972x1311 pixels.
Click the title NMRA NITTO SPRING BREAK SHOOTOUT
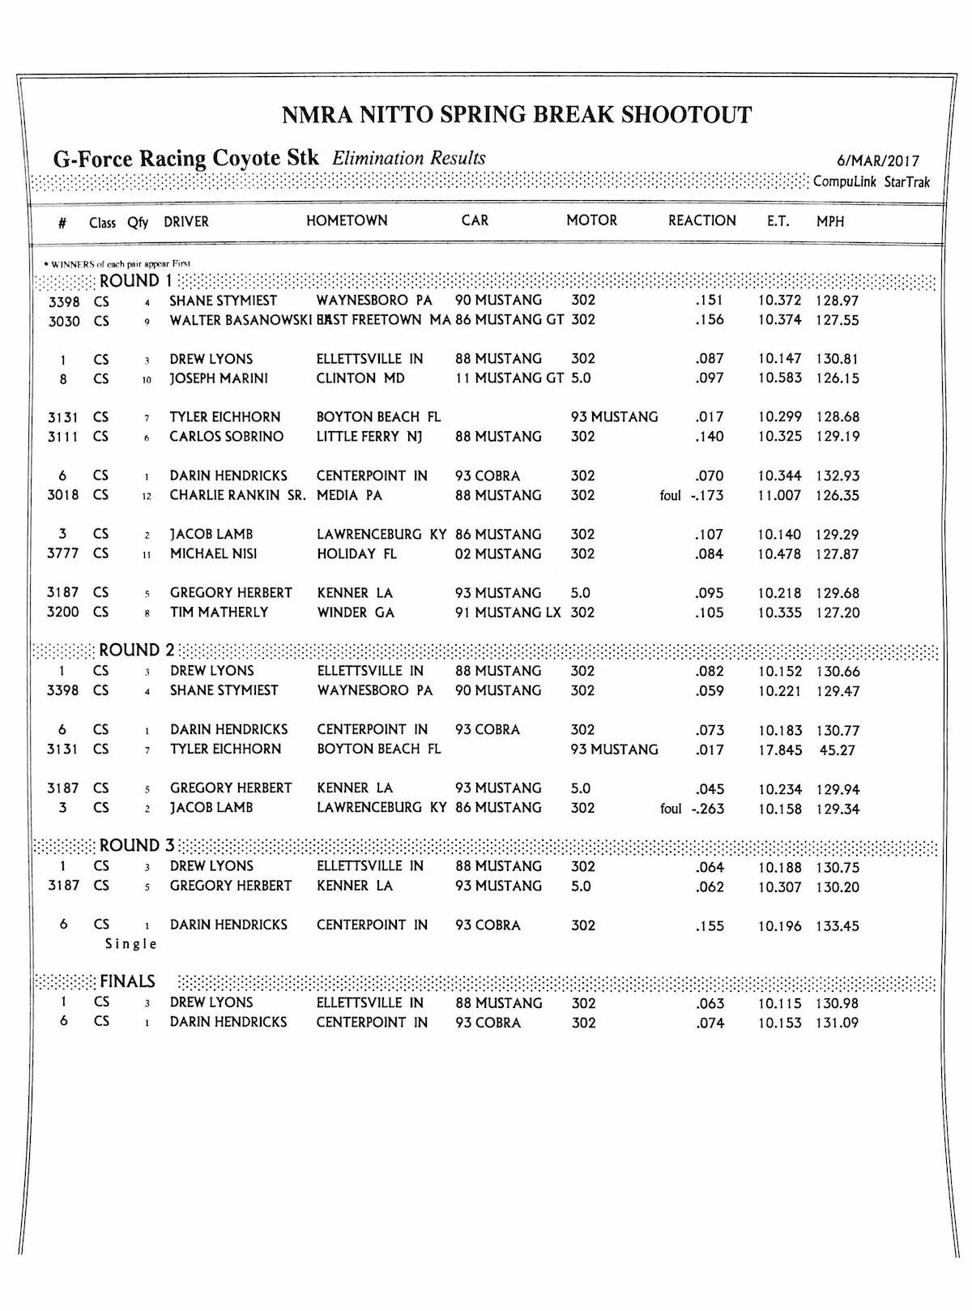[517, 115]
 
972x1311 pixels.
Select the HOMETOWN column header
[347, 220]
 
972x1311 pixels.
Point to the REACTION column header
[701, 220]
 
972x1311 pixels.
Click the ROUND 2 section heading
[136, 650]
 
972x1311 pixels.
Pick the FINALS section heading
[127, 982]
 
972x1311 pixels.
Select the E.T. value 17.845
[779, 750]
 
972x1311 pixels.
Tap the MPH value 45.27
[837, 750]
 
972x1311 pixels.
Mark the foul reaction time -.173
[707, 496]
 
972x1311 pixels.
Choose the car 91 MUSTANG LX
[508, 613]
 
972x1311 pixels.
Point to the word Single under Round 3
[131, 944]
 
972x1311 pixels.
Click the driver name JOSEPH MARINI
[219, 378]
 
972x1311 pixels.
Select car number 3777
[63, 554]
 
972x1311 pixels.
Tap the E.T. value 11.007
[779, 496]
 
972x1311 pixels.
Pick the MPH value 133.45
[837, 926]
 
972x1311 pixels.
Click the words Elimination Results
[409, 158]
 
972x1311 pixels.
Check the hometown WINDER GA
[356, 613]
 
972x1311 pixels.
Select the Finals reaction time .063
[710, 1004]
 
